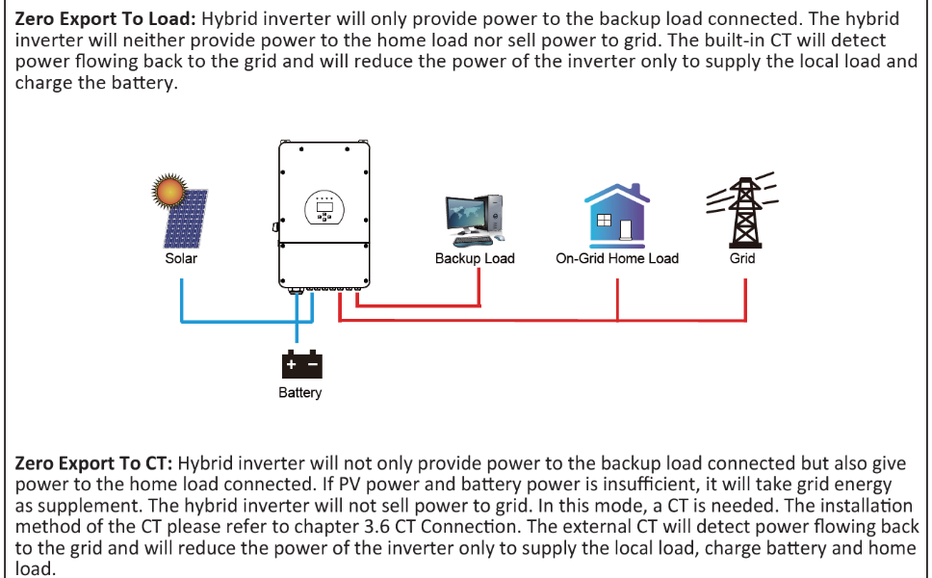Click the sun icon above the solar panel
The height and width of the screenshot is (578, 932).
[x=169, y=190]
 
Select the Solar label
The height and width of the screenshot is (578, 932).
[x=181, y=258]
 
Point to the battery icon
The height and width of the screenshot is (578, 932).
[x=301, y=365]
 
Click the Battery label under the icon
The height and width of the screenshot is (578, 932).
[x=300, y=393]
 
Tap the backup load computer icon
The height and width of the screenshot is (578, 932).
[x=474, y=219]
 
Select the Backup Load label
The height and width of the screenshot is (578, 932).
[x=475, y=258]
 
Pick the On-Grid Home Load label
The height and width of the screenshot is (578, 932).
[x=617, y=258]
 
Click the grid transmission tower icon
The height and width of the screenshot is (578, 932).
[x=742, y=211]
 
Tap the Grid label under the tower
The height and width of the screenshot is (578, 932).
[x=742, y=258]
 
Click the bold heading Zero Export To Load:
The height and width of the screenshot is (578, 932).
[x=94, y=19]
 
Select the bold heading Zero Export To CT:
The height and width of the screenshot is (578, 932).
[x=93, y=463]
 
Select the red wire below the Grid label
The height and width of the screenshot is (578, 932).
[x=745, y=299]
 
